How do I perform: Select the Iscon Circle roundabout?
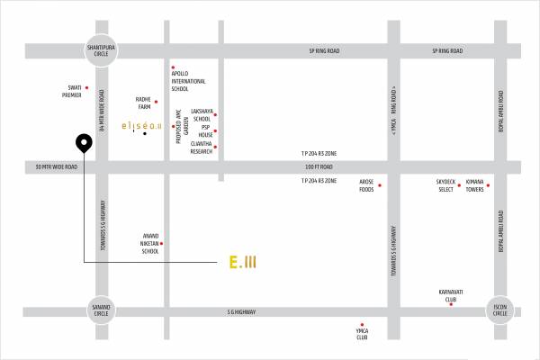(499, 310)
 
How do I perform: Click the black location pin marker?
(83, 143)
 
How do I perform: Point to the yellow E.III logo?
(243, 262)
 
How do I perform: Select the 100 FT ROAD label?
(319, 167)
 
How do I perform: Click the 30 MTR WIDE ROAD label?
(57, 167)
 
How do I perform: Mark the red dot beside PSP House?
(216, 130)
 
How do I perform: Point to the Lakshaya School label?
(202, 115)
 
